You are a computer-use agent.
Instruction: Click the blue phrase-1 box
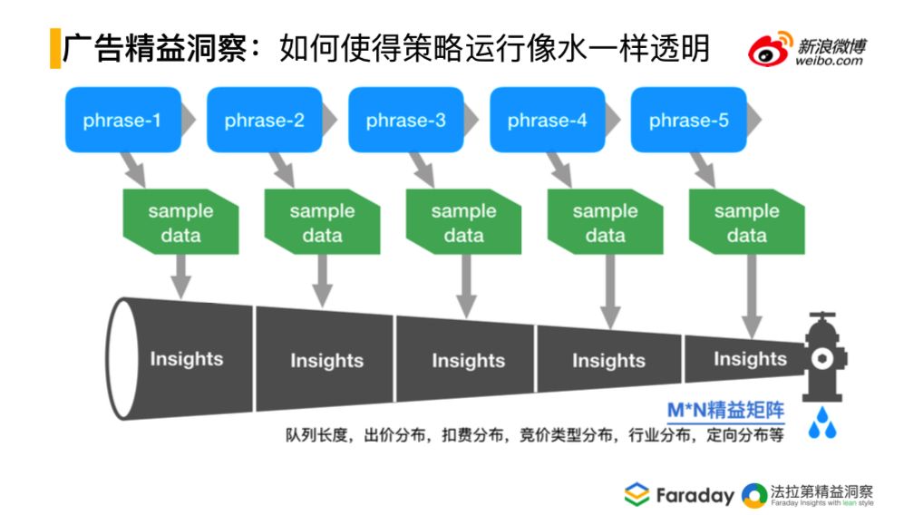tap(123, 120)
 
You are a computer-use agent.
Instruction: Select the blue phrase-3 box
tap(406, 120)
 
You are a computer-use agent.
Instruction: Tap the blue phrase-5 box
tap(689, 120)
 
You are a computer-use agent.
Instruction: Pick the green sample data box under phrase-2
tap(322, 222)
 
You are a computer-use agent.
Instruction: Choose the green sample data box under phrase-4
tap(605, 222)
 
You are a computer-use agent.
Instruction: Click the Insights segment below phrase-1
tap(187, 358)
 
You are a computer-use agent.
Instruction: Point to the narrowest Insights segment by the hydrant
tap(744, 358)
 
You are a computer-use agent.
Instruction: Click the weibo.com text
tap(829, 61)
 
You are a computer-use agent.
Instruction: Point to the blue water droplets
tap(822, 423)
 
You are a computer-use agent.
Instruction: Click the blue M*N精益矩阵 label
tap(726, 410)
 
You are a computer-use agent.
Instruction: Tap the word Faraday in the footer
tap(695, 496)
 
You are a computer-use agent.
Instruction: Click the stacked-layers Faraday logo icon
tap(636, 494)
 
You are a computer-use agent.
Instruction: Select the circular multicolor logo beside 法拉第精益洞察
tap(754, 496)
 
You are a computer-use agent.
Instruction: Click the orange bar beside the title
tap(55, 48)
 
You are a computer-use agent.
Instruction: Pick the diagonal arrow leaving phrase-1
tap(133, 170)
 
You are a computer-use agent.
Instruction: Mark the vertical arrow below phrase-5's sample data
tap(752, 296)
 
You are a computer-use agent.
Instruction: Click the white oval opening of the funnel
tap(122, 358)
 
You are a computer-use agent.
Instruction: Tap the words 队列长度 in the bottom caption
tap(316, 435)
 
